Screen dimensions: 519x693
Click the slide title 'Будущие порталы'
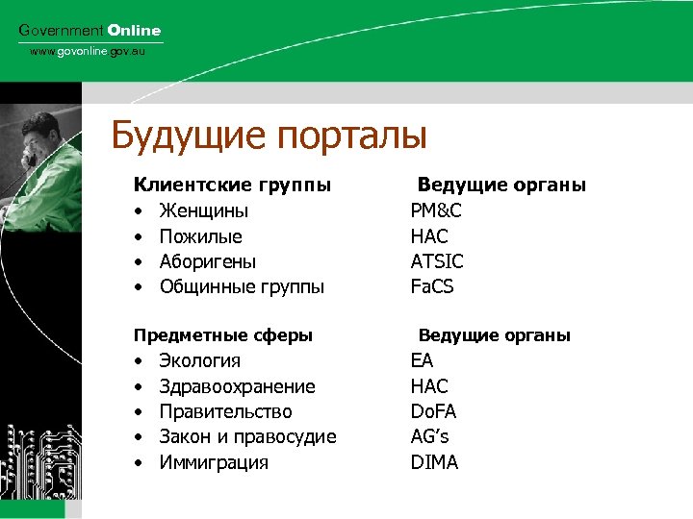[x=269, y=136]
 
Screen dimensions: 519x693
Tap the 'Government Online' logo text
[x=90, y=31]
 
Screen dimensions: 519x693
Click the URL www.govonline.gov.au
[x=87, y=51]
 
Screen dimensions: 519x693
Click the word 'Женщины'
[x=203, y=210]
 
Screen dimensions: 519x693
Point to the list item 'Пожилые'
[x=200, y=236]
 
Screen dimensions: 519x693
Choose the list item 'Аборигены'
[x=208, y=261]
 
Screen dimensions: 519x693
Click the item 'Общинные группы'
[x=242, y=286]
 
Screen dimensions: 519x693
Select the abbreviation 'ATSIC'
[x=437, y=261]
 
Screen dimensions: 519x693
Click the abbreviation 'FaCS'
[x=432, y=286]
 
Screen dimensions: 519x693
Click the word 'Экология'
[x=199, y=361]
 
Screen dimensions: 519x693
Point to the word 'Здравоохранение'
[x=237, y=386]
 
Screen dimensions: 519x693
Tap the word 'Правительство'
[x=225, y=411]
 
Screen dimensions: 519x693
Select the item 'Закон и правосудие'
[x=247, y=437]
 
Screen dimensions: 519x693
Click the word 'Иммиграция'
[x=214, y=462]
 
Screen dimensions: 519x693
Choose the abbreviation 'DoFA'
[x=433, y=411]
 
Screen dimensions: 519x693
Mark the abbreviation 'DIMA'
[x=434, y=462]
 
